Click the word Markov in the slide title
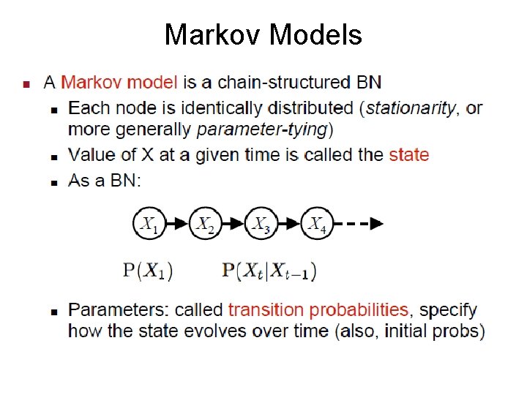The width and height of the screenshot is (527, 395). pyautogui.click(x=213, y=35)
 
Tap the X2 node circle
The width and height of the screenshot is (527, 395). pyautogui.click(x=206, y=224)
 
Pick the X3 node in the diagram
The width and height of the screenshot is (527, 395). pyautogui.click(x=262, y=224)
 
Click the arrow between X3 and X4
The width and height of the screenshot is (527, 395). pyautogui.click(x=291, y=224)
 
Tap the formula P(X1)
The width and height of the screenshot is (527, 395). pyautogui.click(x=147, y=271)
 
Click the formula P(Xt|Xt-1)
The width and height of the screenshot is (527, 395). pyautogui.click(x=269, y=271)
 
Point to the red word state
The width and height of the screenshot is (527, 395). pyautogui.click(x=408, y=155)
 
